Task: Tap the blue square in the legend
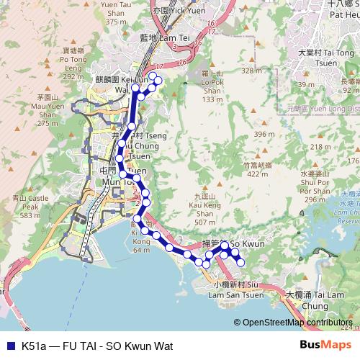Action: (x=9, y=346)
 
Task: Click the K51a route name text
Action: (x=97, y=346)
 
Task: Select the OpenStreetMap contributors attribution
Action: (x=297, y=322)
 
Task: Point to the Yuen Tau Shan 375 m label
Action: (x=117, y=13)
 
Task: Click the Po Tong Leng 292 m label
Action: (x=74, y=64)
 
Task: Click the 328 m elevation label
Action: (x=251, y=71)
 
